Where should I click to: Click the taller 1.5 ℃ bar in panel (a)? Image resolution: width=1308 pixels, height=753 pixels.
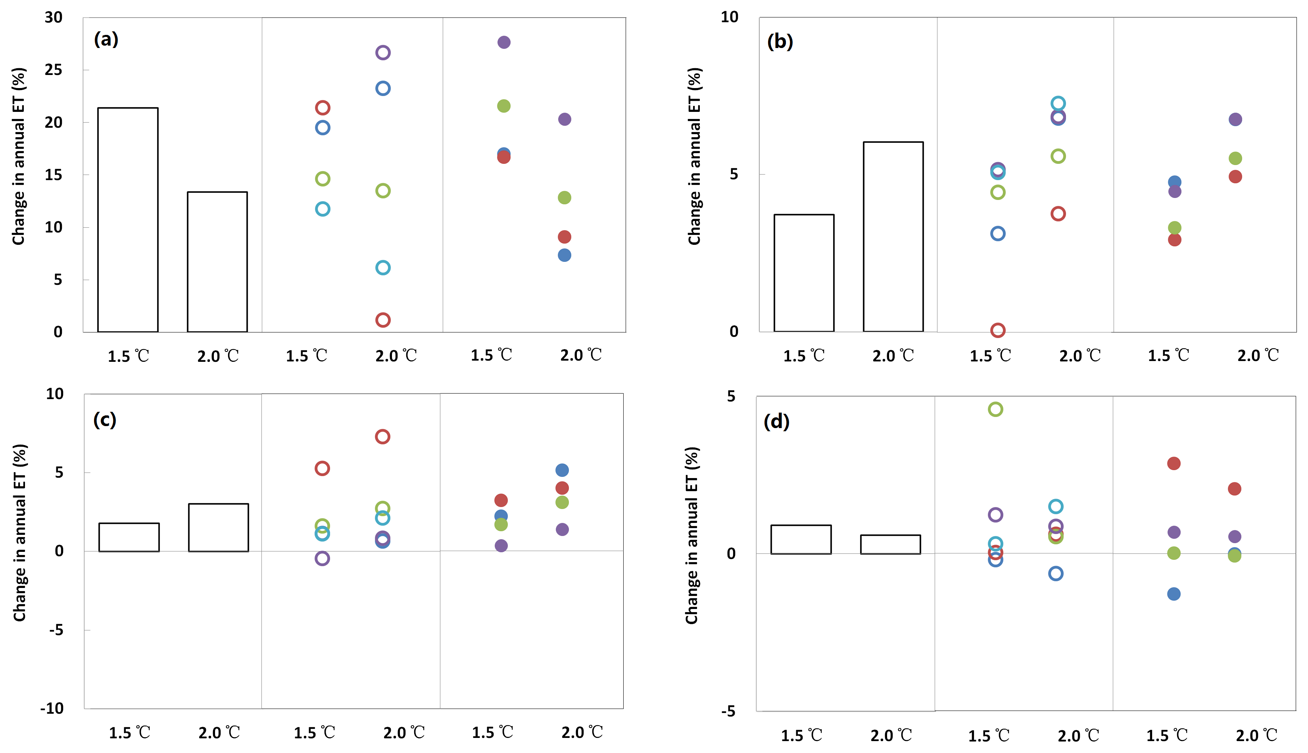(x=128, y=220)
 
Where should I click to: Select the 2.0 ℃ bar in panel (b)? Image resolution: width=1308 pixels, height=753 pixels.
(x=893, y=236)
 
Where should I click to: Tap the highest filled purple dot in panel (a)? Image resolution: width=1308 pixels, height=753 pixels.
(x=503, y=42)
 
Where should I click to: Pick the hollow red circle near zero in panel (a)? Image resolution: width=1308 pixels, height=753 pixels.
(x=382, y=320)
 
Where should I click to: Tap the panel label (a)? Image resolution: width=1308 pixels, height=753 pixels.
(x=106, y=39)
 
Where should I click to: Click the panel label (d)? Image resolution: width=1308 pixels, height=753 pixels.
(x=776, y=421)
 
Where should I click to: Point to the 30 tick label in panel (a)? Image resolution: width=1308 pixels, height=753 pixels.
(x=53, y=17)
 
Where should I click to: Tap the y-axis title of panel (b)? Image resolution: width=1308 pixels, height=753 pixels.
(x=694, y=156)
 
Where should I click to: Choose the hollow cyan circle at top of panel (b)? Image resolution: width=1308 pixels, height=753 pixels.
(x=1058, y=104)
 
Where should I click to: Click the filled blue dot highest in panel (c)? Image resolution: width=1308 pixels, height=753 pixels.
(x=562, y=470)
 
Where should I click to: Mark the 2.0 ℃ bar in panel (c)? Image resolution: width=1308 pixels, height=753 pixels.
(x=218, y=528)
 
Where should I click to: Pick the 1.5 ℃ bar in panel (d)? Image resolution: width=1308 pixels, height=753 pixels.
(x=801, y=540)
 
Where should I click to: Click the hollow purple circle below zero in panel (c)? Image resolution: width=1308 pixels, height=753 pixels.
(x=322, y=559)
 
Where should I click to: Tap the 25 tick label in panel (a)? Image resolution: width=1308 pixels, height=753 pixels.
(x=53, y=70)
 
